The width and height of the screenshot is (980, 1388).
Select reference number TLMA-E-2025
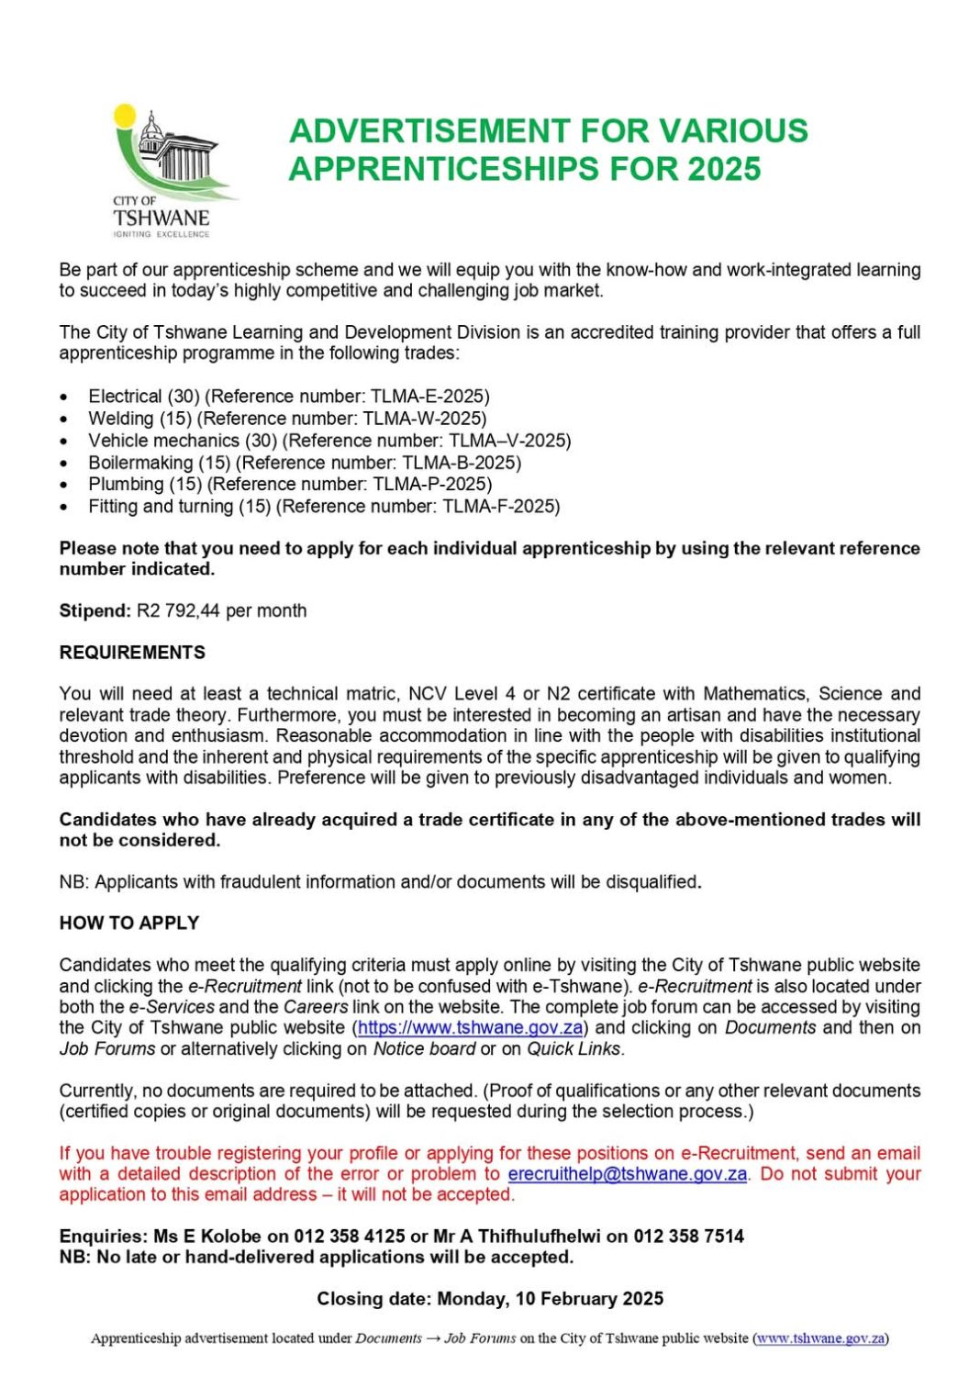tap(429, 397)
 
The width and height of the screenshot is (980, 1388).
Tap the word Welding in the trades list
tap(121, 419)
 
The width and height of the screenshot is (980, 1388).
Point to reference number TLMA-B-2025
tap(461, 463)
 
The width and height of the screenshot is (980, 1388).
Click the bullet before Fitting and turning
tap(63, 507)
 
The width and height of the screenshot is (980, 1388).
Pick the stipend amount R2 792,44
tap(179, 610)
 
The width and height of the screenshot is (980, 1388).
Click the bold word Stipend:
tap(95, 610)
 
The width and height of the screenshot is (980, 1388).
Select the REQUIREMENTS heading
tap(132, 653)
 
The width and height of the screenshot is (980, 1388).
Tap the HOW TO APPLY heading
tap(129, 923)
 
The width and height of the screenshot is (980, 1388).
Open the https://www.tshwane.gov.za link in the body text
tap(470, 1027)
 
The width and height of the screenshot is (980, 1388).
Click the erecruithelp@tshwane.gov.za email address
tap(627, 1173)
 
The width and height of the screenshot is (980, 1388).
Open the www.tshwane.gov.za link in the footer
tap(820, 1338)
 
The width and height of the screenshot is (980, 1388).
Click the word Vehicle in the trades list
tap(117, 441)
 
